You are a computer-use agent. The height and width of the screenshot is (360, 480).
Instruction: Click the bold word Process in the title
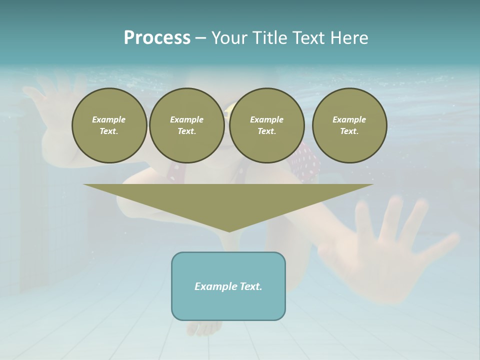(157, 38)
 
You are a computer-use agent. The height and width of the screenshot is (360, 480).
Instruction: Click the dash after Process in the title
(200, 38)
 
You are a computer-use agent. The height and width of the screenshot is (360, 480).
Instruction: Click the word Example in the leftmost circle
(108, 119)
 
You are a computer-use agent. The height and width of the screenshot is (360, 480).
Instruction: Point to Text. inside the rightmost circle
(349, 131)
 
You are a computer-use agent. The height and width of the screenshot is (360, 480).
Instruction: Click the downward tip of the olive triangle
(229, 229)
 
